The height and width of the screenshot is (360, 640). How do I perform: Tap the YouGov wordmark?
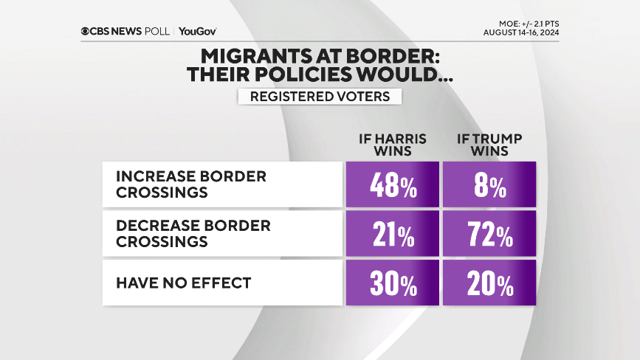[197, 31]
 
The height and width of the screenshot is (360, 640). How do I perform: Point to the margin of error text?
[525, 22]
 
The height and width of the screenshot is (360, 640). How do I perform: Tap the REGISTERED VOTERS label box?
[320, 97]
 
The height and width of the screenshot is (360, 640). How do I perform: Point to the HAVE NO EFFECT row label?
[183, 282]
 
